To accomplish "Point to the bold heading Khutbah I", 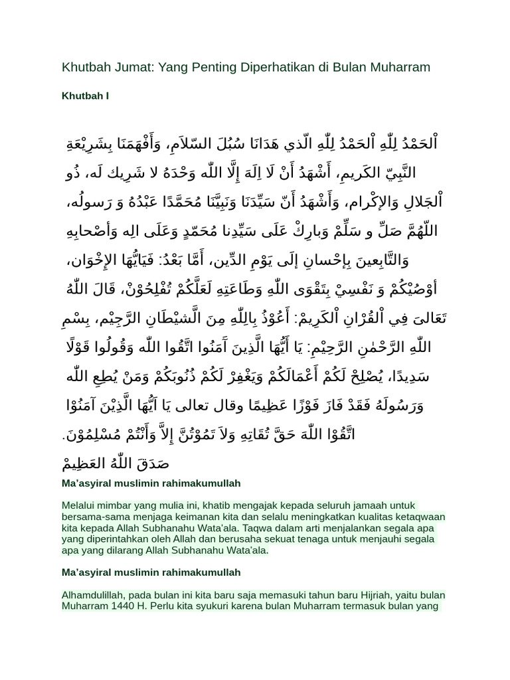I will point(86,96).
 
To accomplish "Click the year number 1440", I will point(123,606).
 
